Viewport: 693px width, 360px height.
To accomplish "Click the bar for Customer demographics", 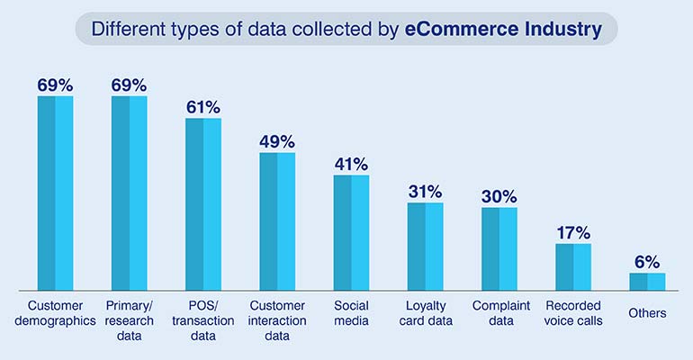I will tap(55, 193).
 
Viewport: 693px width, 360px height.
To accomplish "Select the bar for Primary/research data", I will tap(129, 193).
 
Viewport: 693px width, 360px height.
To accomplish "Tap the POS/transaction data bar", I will tap(203, 204).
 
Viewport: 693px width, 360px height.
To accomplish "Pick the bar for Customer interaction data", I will tap(277, 221).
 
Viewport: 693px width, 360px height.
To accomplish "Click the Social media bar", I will tap(351, 233).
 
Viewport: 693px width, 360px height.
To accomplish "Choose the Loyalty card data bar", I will tap(425, 247).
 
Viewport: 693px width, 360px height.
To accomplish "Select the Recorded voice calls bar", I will tap(573, 267).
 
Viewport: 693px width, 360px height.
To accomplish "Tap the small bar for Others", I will tap(647, 282).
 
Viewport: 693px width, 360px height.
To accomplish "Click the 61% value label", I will tap(203, 107).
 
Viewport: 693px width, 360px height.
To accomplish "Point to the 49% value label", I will tap(277, 141).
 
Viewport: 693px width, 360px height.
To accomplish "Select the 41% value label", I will tap(351, 164).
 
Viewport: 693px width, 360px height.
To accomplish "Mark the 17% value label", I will tap(573, 232).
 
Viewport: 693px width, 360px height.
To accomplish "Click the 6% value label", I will tap(647, 262).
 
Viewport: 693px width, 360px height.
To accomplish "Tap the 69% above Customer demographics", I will tap(55, 85).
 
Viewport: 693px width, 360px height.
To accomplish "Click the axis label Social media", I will tap(351, 313).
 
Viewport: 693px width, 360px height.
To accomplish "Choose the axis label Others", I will tap(648, 313).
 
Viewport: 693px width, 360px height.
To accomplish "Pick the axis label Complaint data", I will tap(499, 313).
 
